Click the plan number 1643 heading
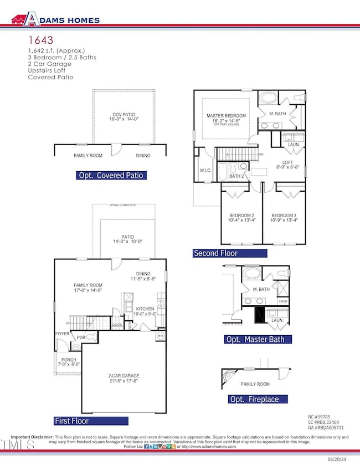tap(40, 40)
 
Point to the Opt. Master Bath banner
tap(258, 339)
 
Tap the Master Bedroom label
tap(226, 116)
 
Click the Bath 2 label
tap(236, 176)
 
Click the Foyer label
tap(61, 334)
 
